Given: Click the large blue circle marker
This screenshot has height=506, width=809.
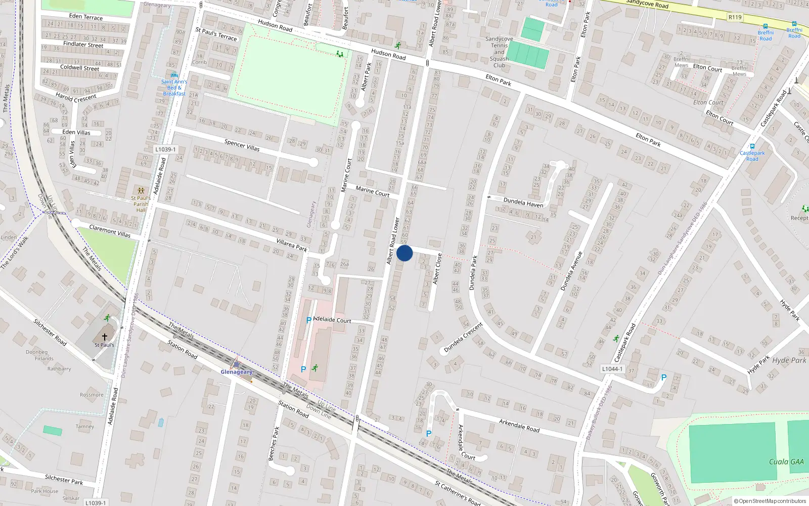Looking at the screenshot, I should [404, 253].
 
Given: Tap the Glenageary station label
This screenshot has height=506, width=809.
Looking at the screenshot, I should [236, 372].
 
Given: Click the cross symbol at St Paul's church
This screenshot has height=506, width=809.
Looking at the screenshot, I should [105, 336].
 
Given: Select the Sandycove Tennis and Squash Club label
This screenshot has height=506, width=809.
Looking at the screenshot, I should [499, 52].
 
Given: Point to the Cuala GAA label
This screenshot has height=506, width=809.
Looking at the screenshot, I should [786, 461].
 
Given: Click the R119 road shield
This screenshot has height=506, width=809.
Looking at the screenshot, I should [735, 17].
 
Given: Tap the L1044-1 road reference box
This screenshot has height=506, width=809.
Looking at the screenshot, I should [612, 369].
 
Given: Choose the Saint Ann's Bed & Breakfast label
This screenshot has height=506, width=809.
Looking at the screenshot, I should [174, 88].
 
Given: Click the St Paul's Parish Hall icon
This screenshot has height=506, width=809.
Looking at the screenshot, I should [141, 191].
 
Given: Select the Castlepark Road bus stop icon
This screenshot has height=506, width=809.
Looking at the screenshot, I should [752, 146].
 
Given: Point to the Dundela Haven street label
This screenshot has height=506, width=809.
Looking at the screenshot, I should [523, 202].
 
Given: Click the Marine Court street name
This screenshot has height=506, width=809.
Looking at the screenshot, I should [372, 191].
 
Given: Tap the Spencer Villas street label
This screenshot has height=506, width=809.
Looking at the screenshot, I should [242, 145].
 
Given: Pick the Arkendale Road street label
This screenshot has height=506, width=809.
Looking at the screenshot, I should [519, 425].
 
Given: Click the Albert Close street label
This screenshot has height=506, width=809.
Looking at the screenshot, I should [437, 268].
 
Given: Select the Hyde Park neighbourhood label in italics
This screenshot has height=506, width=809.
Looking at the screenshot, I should [789, 360].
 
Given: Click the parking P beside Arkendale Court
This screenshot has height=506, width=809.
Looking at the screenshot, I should [429, 434].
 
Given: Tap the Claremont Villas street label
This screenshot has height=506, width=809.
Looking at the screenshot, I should [110, 231].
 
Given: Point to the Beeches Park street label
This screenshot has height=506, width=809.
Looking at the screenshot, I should [274, 444].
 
